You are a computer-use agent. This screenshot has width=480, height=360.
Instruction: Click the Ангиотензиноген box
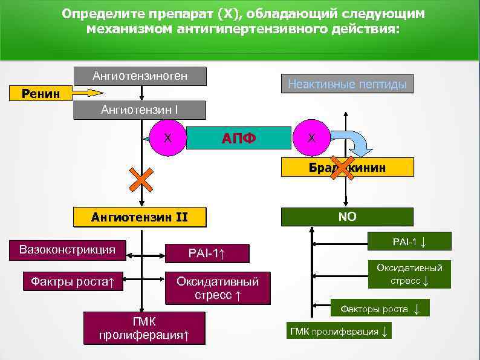coord(140,76)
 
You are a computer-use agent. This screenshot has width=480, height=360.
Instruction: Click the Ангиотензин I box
coord(140,111)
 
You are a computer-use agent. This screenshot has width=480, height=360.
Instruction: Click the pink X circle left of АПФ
coord(169,138)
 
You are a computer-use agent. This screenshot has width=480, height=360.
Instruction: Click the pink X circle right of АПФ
coord(311,138)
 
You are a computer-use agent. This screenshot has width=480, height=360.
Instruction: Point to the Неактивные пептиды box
coord(347,84)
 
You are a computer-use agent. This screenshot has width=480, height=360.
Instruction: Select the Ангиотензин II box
coord(139,217)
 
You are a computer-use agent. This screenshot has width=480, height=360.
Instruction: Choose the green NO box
coord(348,217)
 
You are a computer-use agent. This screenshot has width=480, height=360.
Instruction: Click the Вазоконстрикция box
coord(67,250)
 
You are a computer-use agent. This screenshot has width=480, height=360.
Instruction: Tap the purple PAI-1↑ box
coord(207,253)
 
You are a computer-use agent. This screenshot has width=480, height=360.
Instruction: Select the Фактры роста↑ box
coord(73,281)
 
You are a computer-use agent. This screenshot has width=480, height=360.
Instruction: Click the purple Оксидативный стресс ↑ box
coord(217,288)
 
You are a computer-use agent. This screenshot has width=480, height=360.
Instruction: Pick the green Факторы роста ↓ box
coord(380,309)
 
